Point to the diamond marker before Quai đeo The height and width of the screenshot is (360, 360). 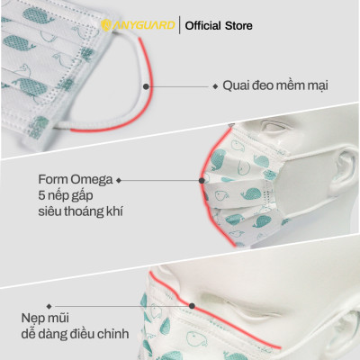coord(215,86)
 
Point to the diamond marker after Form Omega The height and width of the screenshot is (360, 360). coord(120,178)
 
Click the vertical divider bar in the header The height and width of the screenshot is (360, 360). coord(177,26)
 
